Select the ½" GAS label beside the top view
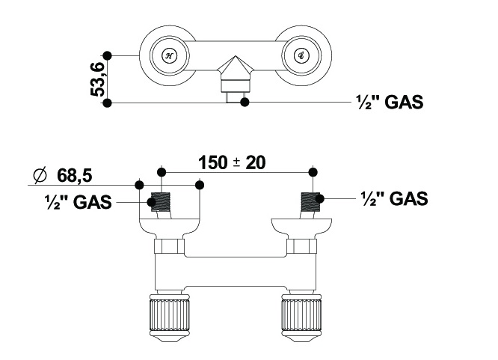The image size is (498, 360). click(x=389, y=103)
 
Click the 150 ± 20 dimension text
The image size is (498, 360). click(x=233, y=162)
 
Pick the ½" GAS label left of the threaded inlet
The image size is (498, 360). click(x=78, y=201)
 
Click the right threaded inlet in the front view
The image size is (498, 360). click(x=308, y=203)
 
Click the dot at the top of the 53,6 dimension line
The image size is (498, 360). click(x=108, y=55)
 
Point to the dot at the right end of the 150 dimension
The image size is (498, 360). click(x=313, y=171)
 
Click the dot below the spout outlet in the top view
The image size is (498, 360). click(x=244, y=102)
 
